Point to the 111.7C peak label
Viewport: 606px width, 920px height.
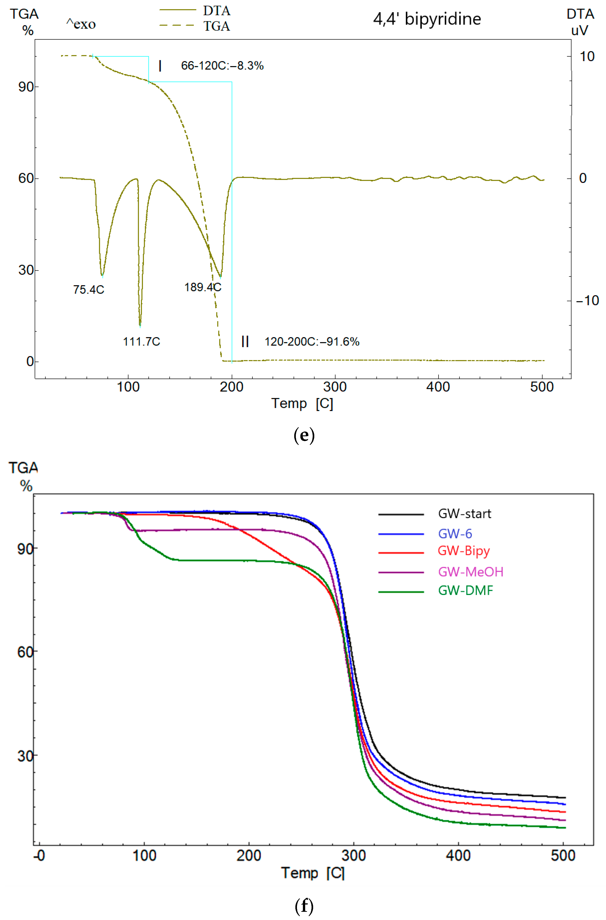point(142,341)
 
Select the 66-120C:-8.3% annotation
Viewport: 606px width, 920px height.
point(222,66)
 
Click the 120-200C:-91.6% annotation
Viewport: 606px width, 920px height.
point(312,341)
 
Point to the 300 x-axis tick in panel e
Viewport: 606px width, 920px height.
point(335,387)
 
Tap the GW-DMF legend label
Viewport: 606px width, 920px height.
point(465,590)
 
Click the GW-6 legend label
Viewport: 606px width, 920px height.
point(455,534)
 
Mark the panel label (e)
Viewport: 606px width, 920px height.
point(304,435)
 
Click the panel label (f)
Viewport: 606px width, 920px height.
point(304,905)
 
